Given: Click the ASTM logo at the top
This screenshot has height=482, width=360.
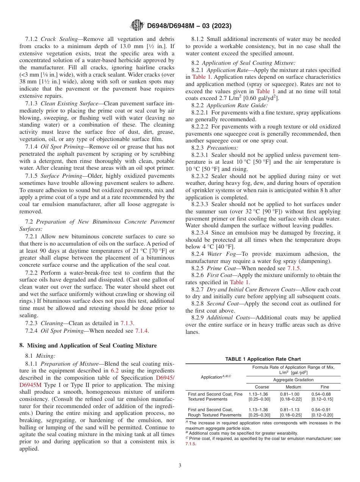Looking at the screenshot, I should pyautogui.click(x=137, y=26).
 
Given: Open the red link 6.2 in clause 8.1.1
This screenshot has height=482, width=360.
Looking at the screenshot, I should pyautogui.click(x=114, y=370).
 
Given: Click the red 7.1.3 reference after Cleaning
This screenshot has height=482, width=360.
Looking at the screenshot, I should pyautogui.click(x=127, y=323).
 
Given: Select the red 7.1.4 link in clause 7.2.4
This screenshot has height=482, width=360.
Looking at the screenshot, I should pyautogui.click(x=142, y=331).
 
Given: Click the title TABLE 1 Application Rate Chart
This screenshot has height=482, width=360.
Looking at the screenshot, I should pyautogui.click(x=263, y=359).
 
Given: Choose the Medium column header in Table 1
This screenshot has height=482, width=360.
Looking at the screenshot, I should pyautogui.click(x=293, y=387).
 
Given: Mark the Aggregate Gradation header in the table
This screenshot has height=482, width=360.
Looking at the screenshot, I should pyautogui.click(x=293, y=380).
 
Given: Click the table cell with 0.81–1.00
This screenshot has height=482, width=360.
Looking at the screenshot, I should pyautogui.click(x=290, y=394).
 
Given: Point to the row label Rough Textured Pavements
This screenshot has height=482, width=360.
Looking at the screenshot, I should pyautogui.click(x=214, y=415).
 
